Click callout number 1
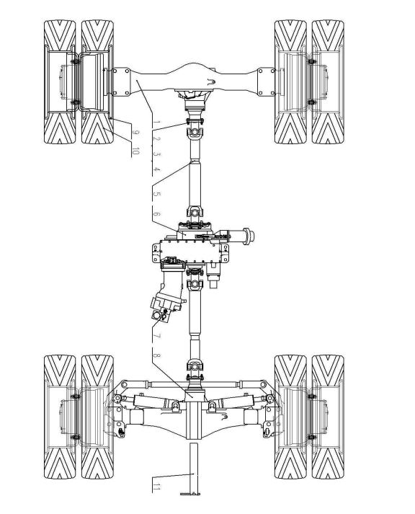pyautogui.click(x=156, y=123)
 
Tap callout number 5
pyautogui.click(x=156, y=194)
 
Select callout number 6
pyautogui.click(x=156, y=214)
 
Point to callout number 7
pyautogui.click(x=156, y=336)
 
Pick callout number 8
pyautogui.click(x=156, y=355)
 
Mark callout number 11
pyautogui.click(x=156, y=488)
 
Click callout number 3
pyautogui.click(x=156, y=154)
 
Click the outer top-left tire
pyautogui.click(x=60, y=82)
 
